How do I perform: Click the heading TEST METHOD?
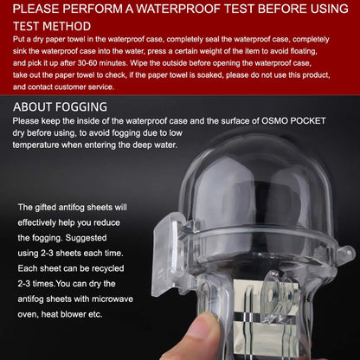pyautogui.click(x=52, y=26)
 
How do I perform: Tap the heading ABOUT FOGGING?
pyautogui.click(x=60, y=107)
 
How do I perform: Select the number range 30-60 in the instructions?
pyautogui.click(x=87, y=63)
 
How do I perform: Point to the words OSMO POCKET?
pyautogui.click(x=293, y=120)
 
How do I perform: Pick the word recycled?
pyautogui.click(x=107, y=268)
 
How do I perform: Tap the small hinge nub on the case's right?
pyautogui.click(x=347, y=253)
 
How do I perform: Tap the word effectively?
pyautogui.click(x=36, y=222)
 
